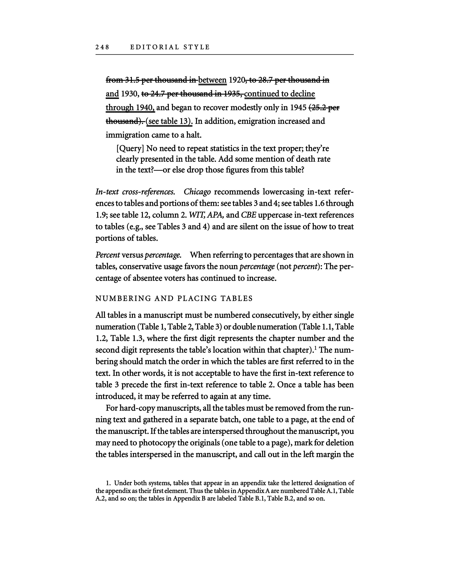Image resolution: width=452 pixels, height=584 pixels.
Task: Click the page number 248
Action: [x=102, y=47]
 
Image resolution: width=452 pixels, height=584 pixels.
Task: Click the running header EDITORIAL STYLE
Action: [x=170, y=47]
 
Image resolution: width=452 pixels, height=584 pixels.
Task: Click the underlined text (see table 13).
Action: [x=169, y=121]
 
